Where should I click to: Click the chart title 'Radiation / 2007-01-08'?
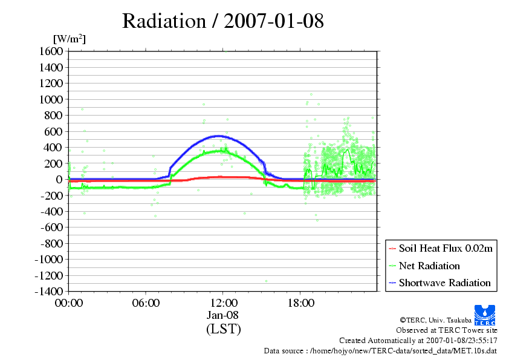click(223, 21)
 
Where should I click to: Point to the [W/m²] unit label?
click(70, 39)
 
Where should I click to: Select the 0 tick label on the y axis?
click(59, 180)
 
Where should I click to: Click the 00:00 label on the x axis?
click(68, 303)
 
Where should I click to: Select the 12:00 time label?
click(223, 303)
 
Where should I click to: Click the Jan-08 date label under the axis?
click(223, 315)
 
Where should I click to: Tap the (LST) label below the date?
click(223, 329)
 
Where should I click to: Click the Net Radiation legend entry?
click(429, 266)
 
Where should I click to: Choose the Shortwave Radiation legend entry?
click(444, 283)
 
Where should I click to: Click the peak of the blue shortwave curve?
click(217, 136)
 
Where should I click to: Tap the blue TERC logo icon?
click(485, 312)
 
